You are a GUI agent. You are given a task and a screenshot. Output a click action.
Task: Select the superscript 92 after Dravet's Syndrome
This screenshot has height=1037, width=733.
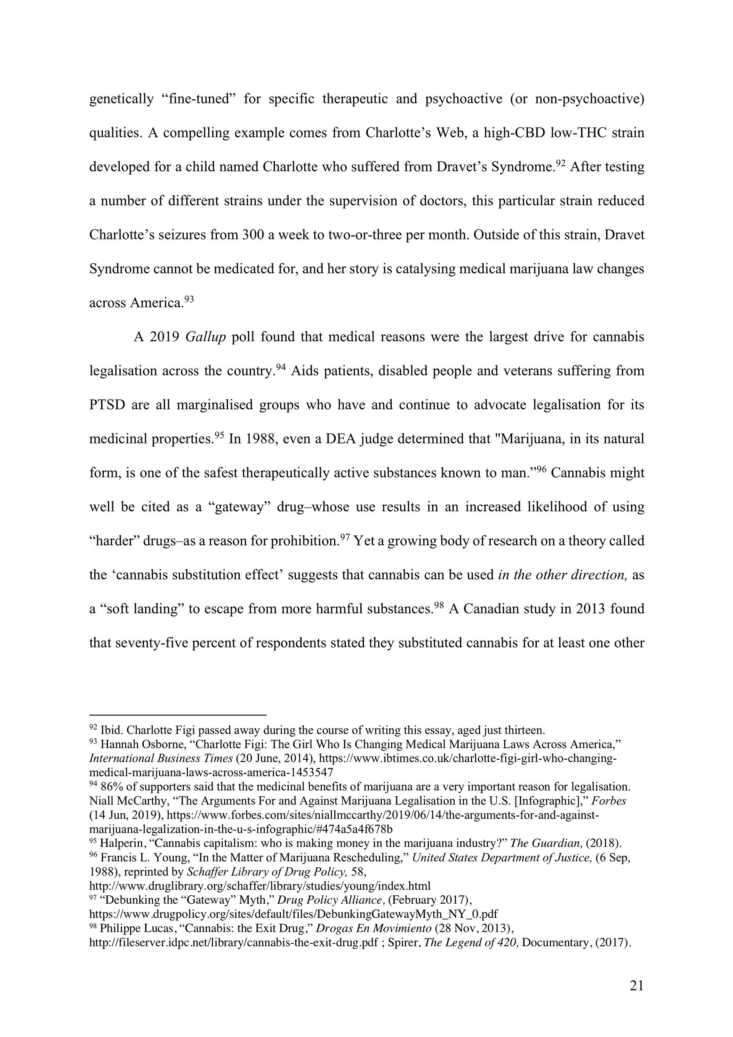point(560,163)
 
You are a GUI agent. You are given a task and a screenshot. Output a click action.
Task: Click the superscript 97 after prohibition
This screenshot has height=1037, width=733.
point(345,537)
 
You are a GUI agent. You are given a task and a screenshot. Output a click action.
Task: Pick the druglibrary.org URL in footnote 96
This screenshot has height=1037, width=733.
point(260,885)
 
